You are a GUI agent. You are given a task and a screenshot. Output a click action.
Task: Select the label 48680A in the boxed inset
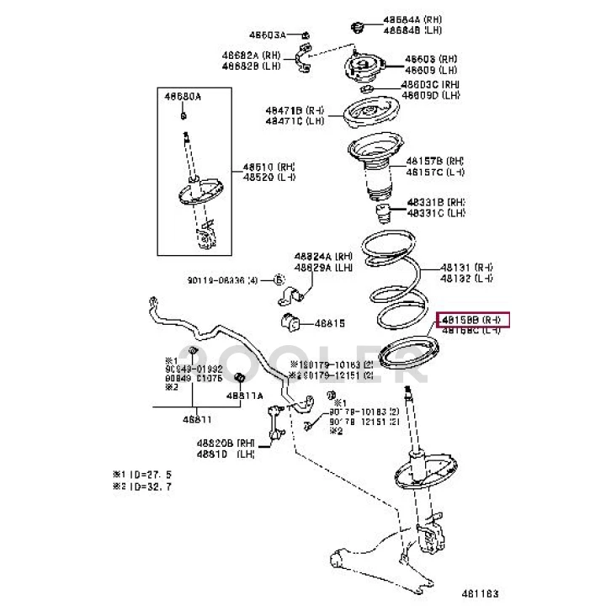click(183, 98)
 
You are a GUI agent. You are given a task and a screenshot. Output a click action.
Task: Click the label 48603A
click(267, 35)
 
